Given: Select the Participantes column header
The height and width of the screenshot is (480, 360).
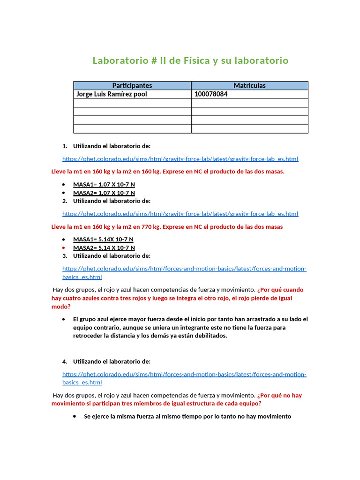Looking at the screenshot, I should (132, 85).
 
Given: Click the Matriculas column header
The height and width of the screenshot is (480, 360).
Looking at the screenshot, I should (249, 85).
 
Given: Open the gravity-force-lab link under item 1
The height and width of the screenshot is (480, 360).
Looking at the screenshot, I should (180, 159).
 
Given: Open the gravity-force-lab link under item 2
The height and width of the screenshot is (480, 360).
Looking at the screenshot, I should (180, 214).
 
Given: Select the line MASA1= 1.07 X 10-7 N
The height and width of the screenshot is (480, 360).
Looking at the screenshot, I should (104, 185).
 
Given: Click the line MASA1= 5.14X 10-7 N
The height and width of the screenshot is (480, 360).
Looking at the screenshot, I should (103, 240).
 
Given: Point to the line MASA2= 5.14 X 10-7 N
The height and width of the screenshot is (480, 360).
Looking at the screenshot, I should (104, 247).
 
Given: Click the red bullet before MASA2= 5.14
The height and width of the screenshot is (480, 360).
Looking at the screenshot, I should (64, 247).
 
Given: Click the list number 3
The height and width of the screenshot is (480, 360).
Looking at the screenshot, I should (65, 256).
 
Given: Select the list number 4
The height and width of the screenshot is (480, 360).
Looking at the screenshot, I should (65, 361).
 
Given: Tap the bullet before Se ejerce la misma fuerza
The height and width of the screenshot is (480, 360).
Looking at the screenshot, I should (75, 416).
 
